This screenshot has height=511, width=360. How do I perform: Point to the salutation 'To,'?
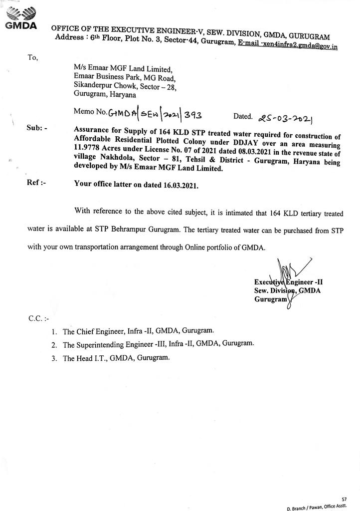tap(33, 57)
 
